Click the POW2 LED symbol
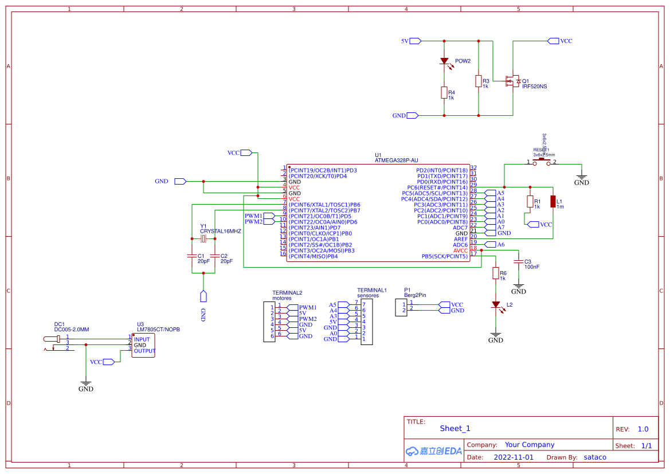click(x=444, y=61)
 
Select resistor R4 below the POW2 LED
click(x=444, y=93)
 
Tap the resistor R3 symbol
click(x=479, y=81)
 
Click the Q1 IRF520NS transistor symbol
click(x=511, y=81)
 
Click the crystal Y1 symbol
click(x=203, y=238)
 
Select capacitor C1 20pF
click(x=192, y=256)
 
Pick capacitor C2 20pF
click(x=215, y=256)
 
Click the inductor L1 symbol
click(x=553, y=201)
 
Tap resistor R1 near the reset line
click(x=530, y=201)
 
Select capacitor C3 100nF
click(x=519, y=262)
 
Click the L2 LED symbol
click(x=496, y=305)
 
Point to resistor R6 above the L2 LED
click(x=496, y=273)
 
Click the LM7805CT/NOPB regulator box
click(x=143, y=344)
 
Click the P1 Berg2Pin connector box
click(x=400, y=307)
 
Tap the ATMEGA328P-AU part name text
click(x=396, y=160)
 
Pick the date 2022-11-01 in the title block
click(x=513, y=457)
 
